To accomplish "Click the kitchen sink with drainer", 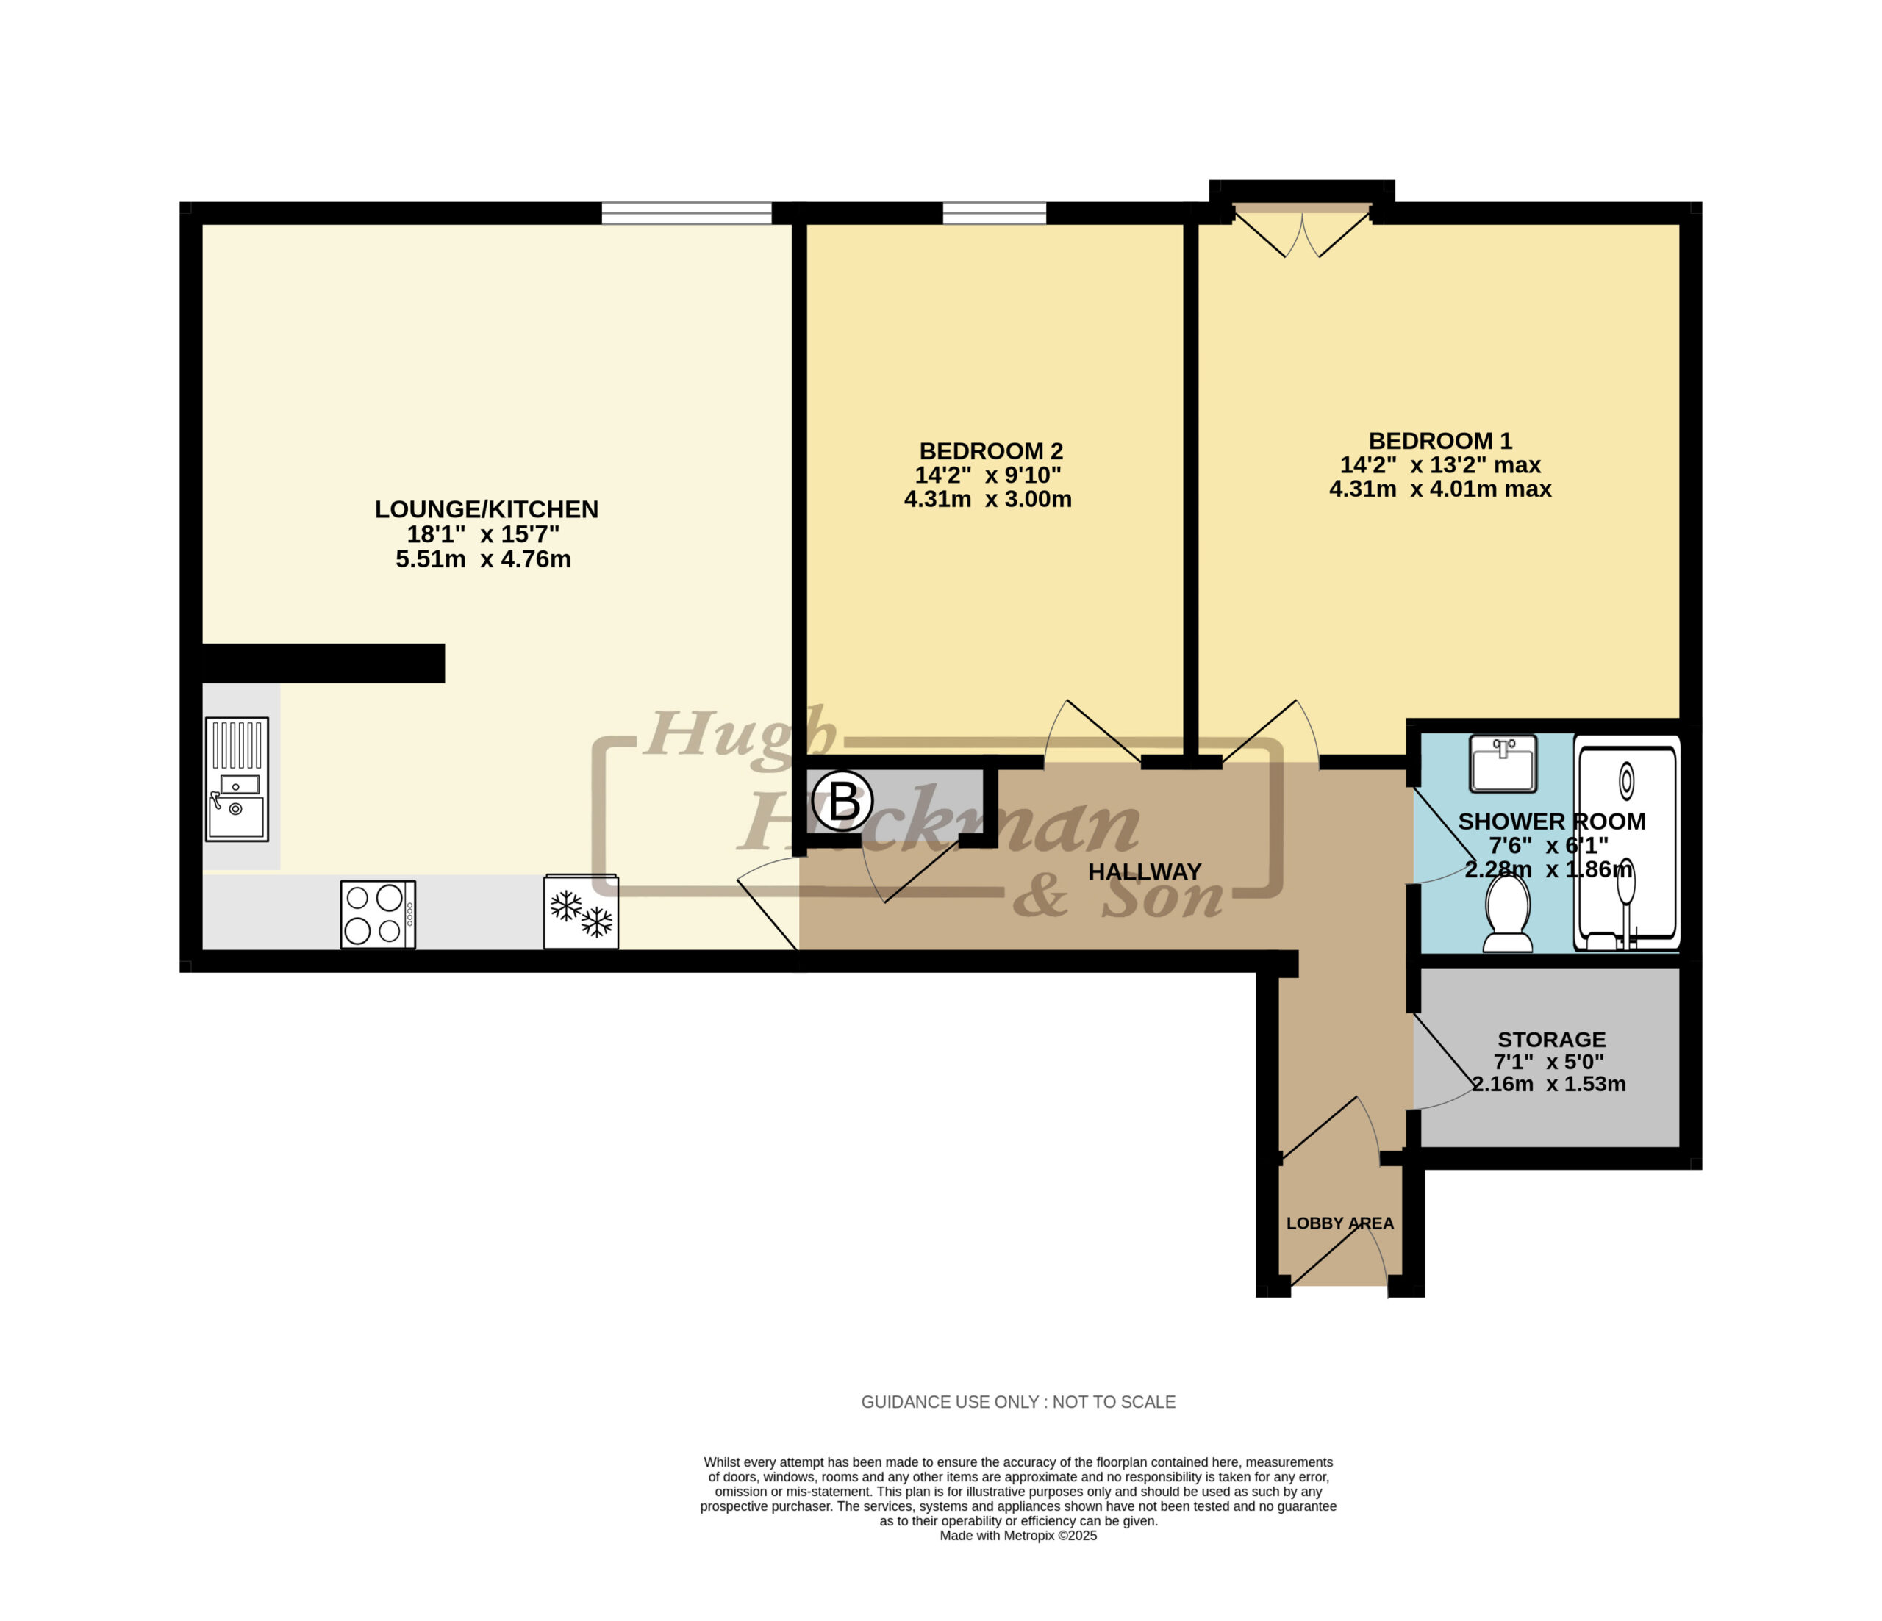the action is point(237,779).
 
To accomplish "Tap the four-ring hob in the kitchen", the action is point(378,915).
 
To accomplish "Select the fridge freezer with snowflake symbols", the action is point(582,912).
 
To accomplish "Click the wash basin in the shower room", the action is point(1503,763).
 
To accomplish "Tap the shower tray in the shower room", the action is point(1627,843).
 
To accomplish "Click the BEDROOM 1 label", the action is point(1441,442).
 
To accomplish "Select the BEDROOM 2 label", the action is point(991,451).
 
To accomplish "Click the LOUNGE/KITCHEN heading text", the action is point(487,509).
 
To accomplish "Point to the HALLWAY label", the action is point(1145,871).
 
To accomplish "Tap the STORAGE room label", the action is point(1551,1040).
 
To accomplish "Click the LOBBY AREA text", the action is point(1339,1223).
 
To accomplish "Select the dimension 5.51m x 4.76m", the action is point(483,559).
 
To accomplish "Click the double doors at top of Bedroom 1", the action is point(1303,230).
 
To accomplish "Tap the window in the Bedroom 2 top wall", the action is point(995,213).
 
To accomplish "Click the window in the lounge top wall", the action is point(687,213).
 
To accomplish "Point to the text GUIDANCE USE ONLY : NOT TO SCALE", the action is point(1018,1402).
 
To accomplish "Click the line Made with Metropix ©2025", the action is point(1018,1536).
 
